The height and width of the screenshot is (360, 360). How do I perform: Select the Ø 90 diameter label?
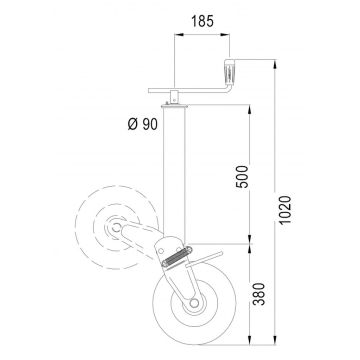coord(144,123)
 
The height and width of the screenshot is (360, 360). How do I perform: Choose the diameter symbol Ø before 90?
coord(134,123)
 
